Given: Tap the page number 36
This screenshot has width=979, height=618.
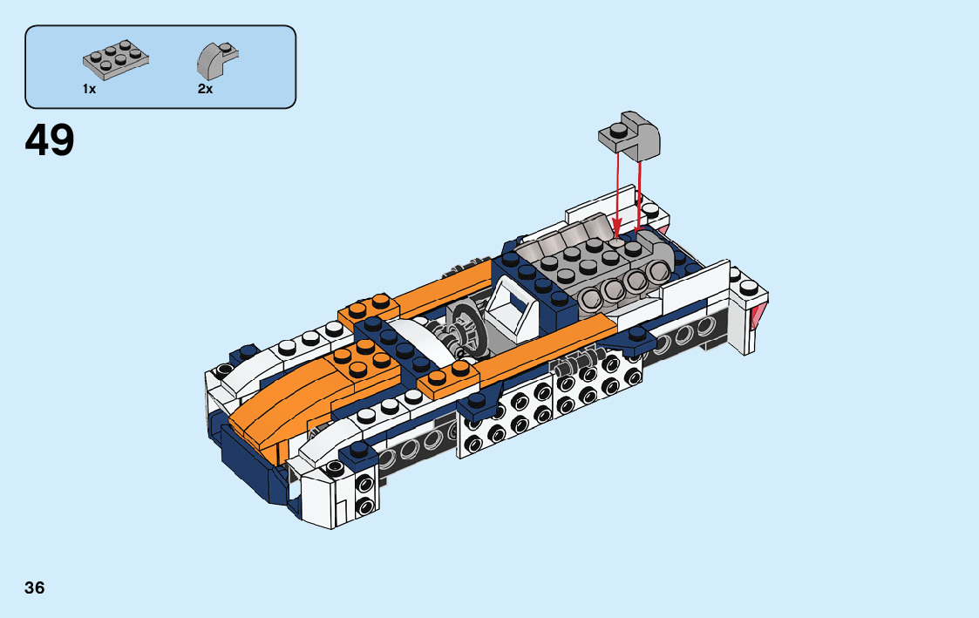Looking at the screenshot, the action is (35, 587).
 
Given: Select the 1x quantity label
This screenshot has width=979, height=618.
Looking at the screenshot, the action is (89, 89).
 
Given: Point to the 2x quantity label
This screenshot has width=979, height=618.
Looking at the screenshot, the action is (206, 89).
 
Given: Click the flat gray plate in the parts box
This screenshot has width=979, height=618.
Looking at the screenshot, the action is (115, 60).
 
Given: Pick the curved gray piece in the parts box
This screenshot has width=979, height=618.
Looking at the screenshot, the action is (218, 58).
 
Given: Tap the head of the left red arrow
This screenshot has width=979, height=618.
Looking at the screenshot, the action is (616, 231).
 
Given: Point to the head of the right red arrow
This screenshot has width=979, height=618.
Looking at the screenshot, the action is (638, 225).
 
